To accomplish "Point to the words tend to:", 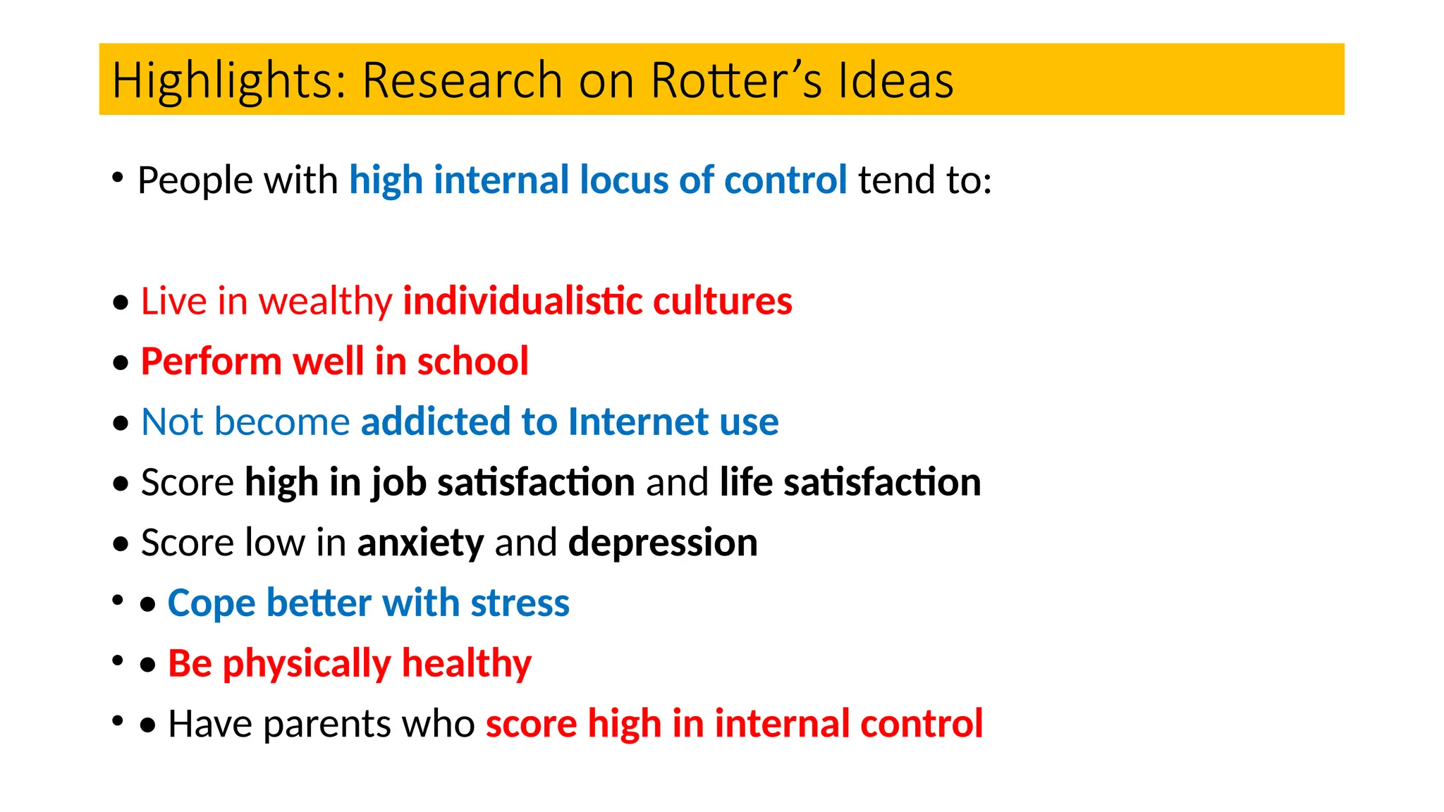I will pos(925,180).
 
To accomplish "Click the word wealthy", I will pos(325,302).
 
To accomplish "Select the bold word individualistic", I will pos(522,302).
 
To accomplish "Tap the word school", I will pos(472,362).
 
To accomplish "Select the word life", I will pos(746,483).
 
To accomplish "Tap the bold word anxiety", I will pos(420,543).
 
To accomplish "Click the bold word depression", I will pos(663,543).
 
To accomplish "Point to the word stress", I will pos(520,604).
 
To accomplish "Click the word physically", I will pos(307,665).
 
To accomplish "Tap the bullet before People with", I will pos(118,177).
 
